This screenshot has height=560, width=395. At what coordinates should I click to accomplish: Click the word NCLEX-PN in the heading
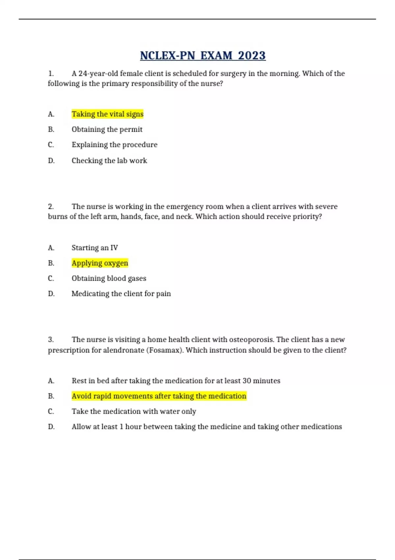tap(168, 55)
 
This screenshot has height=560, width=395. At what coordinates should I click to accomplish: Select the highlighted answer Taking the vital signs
tap(108, 114)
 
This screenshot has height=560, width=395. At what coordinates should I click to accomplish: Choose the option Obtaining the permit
tap(107, 129)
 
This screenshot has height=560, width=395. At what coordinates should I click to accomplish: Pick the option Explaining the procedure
tap(115, 145)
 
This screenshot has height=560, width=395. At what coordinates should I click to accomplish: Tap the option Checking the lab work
tap(109, 160)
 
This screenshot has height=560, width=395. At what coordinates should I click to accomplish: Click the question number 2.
tap(51, 207)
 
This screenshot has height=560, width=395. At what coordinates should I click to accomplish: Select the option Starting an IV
tap(95, 248)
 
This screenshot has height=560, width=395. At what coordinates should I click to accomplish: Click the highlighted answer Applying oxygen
tap(100, 263)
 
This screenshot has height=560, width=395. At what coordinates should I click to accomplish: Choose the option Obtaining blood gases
tap(109, 278)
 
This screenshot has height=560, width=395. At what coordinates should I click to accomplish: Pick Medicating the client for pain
tap(121, 294)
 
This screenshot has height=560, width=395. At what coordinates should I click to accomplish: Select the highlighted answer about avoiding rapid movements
tap(159, 396)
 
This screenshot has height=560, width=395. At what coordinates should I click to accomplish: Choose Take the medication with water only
tap(134, 411)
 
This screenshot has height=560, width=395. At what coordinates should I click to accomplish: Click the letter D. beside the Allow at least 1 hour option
tap(51, 427)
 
